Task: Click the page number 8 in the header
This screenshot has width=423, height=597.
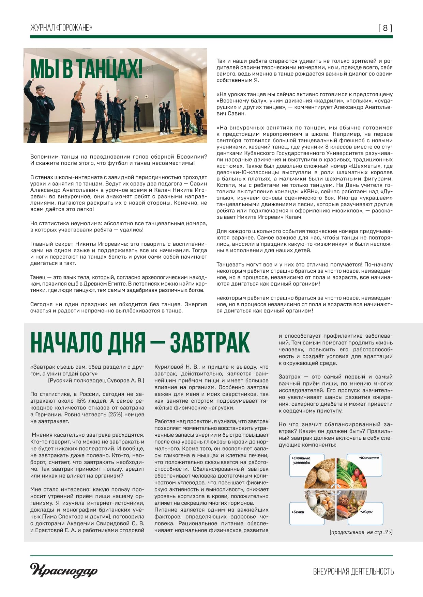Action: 385,28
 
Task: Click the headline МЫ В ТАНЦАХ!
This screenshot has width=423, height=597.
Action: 86,69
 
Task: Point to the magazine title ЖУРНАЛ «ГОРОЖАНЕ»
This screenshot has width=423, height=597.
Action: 61,28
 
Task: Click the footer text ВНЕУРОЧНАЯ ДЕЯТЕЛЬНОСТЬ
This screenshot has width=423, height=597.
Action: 353,571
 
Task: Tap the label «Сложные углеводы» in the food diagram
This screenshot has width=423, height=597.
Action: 302,460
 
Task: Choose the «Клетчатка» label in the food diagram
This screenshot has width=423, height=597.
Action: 369,458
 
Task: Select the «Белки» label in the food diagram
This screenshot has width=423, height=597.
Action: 298,512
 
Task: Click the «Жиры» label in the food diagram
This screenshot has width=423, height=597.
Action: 367,512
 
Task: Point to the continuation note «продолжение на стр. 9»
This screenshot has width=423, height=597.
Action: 361,532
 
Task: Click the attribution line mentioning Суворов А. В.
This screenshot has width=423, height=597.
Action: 96,381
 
